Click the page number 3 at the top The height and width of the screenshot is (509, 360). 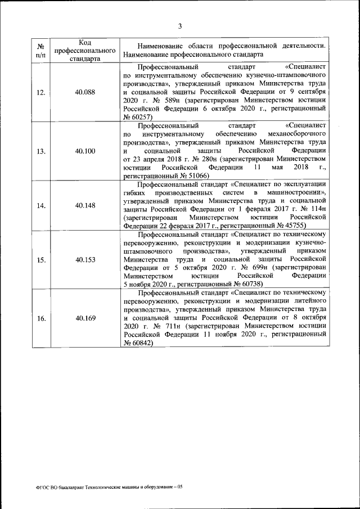tap(180, 25)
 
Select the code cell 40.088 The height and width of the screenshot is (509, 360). tap(84, 93)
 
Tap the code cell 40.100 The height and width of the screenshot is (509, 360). tap(84, 151)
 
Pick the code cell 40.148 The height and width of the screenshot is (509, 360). tap(84, 205)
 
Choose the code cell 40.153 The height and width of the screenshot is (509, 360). tap(84, 260)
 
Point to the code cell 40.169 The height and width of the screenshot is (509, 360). tap(84, 318)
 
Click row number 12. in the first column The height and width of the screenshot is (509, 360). tap(41, 93)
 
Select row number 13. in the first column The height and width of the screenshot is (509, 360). tap(41, 151)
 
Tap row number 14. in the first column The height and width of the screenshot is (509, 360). tap(41, 205)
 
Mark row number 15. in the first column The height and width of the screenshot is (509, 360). tap(41, 260)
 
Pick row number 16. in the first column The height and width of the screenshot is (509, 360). tap(41, 318)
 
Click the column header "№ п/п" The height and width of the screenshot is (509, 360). tap(41, 50)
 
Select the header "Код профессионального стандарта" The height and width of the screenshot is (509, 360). tap(84, 50)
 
